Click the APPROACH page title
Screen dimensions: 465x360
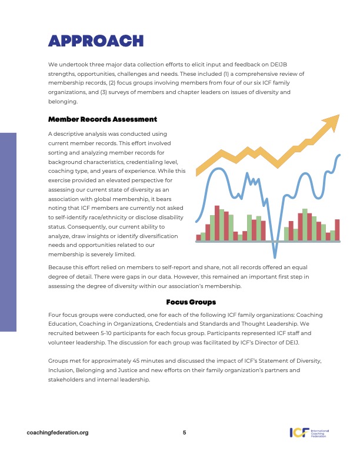tap(96, 41)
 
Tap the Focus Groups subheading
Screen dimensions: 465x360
tap(191, 302)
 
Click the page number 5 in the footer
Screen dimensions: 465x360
tap(184, 433)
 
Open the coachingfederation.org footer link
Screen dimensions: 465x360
tap(58, 433)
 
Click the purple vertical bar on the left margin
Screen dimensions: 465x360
tap(8, 232)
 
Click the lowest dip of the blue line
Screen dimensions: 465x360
tap(274, 256)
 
